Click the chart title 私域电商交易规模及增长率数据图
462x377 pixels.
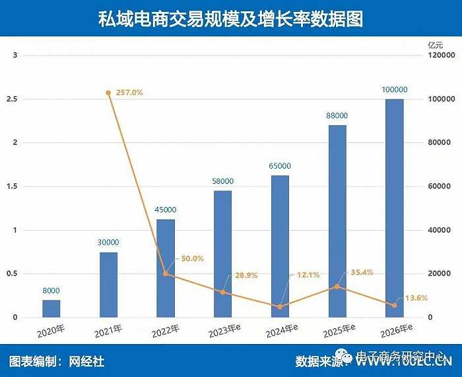230,18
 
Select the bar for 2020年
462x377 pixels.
51,309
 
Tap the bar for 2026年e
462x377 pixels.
394,208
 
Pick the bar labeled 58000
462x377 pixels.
222,254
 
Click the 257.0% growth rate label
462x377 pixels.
129,93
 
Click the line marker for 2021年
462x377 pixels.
108,93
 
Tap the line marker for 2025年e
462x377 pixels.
337,287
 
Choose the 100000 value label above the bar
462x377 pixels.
394,90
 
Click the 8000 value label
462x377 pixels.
51,291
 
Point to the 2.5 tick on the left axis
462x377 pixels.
14,99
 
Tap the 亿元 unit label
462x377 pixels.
437,45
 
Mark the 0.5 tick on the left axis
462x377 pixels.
14,274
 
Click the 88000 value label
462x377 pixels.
337,116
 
